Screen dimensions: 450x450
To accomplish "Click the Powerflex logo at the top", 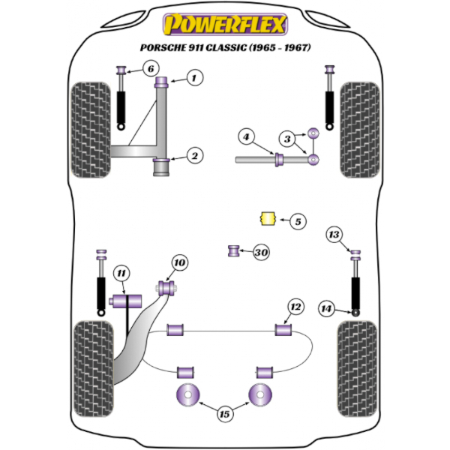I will (x=225, y=25).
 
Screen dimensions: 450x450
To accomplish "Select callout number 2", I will (x=194, y=156).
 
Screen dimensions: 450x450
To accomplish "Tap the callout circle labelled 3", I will (x=286, y=138).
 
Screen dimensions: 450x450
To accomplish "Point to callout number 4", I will (x=245, y=136).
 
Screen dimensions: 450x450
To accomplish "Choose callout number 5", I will (x=296, y=221).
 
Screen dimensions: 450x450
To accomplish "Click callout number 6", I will (x=150, y=70).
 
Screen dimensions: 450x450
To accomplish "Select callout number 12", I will (x=295, y=306).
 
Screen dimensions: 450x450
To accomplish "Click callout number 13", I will (x=334, y=235).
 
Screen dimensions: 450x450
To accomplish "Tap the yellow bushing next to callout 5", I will (x=264, y=219).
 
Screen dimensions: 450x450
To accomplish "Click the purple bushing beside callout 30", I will (x=233, y=250).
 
